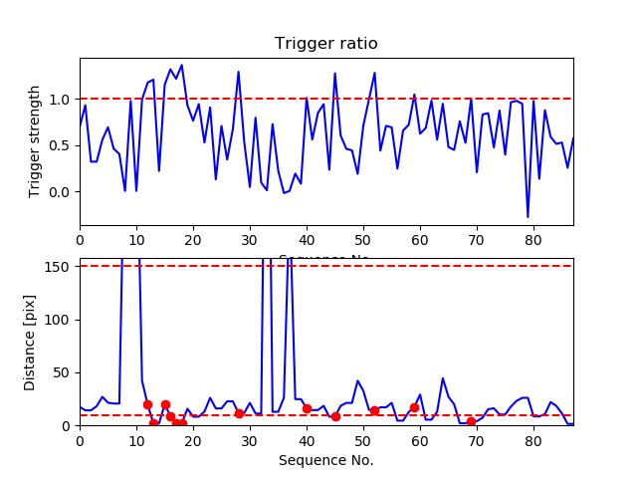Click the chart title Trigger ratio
coord(326,44)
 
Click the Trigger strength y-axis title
coord(36,141)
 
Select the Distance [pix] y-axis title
coord(30,342)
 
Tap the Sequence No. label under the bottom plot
coord(326,460)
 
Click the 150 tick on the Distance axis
coord(59,266)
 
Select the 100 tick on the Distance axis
coord(59,320)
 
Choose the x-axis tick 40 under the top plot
coord(307,240)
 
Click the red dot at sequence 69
coord(471,422)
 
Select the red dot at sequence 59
coord(414,407)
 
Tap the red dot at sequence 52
coord(374,410)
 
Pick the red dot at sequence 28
coord(239,413)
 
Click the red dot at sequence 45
coord(335,416)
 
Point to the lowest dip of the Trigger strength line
coord(528,216)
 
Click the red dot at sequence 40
coord(307,408)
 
